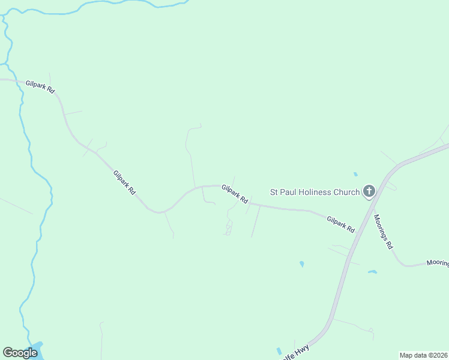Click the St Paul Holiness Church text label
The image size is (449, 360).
pyautogui.click(x=315, y=192)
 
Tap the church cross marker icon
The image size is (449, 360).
pyautogui.click(x=369, y=192)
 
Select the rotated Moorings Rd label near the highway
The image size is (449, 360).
pyautogui.click(x=383, y=232)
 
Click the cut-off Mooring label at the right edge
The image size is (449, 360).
pyautogui.click(x=437, y=263)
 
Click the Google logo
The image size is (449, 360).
pyautogui.click(x=20, y=353)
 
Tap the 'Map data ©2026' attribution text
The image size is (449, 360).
pyautogui.click(x=424, y=355)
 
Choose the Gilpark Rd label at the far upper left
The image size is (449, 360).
pyautogui.click(x=40, y=86)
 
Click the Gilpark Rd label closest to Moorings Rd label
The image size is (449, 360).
pyautogui.click(x=341, y=225)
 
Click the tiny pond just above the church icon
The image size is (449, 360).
pyautogui.click(x=355, y=174)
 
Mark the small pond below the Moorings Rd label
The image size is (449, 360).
pyautogui.click(x=372, y=272)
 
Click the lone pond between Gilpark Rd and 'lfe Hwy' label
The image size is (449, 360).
pyautogui.click(x=301, y=263)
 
